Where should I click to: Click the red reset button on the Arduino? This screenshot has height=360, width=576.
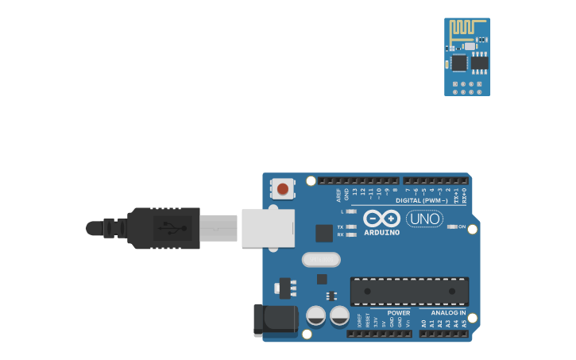tap(282, 189)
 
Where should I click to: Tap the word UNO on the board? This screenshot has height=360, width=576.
tap(424, 219)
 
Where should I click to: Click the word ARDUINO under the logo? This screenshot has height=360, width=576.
tap(382, 232)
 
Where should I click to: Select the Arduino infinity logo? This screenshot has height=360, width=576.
tap(382, 217)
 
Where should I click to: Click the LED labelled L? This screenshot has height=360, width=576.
tap(351, 211)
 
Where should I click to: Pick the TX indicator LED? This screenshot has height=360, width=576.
tap(351, 226)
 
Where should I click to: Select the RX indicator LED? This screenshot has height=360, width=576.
tap(351, 234)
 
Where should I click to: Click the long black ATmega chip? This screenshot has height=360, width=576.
tap(409, 291)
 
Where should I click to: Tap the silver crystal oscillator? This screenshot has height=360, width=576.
tap(321, 260)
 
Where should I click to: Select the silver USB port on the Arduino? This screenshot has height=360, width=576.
tap(268, 228)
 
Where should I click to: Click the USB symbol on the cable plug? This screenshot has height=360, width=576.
tap(173, 228)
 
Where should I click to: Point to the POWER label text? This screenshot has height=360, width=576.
tap(399, 312)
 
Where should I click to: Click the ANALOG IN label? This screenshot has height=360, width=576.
tap(448, 312)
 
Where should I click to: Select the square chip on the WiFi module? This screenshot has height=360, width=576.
tap(458, 63)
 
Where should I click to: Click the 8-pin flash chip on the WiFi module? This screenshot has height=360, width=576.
tap(480, 62)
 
